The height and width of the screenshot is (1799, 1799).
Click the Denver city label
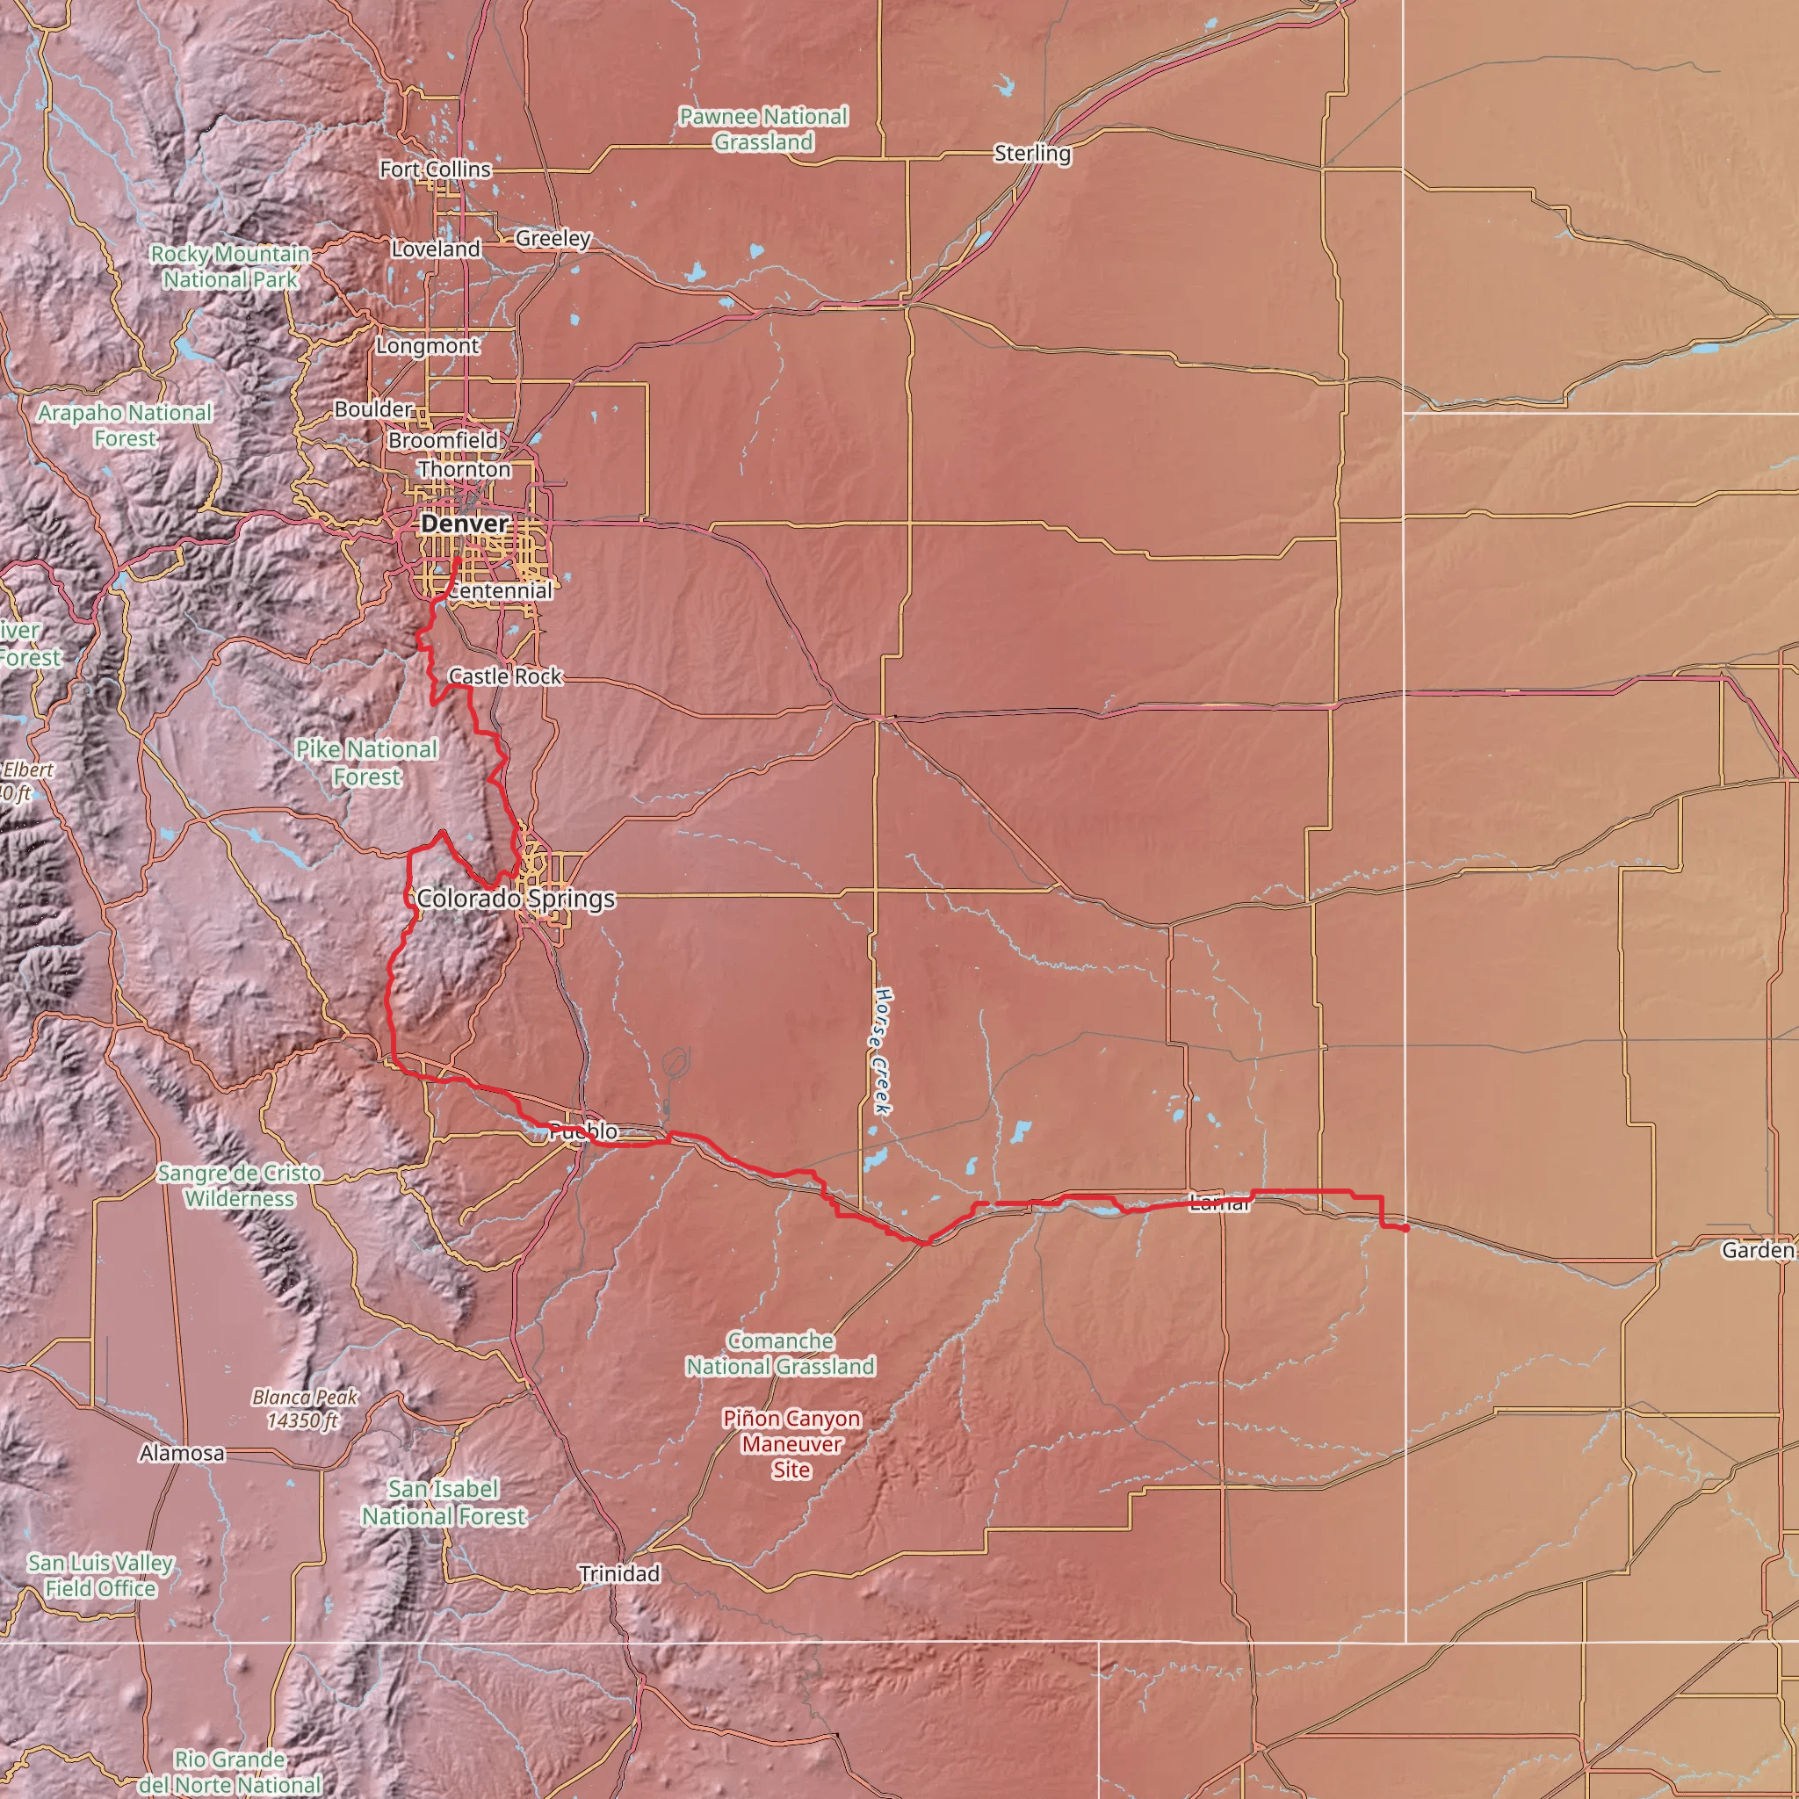pyautogui.click(x=465, y=524)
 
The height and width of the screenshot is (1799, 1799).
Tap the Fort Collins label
pyautogui.click(x=435, y=170)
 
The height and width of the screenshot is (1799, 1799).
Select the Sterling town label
pyautogui.click(x=1032, y=153)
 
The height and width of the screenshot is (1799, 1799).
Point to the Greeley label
pyautogui.click(x=553, y=238)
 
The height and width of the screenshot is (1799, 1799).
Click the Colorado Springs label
pyautogui.click(x=516, y=899)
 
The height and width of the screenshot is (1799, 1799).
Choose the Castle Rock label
pyautogui.click(x=505, y=676)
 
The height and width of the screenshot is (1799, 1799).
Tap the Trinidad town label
pyautogui.click(x=619, y=1573)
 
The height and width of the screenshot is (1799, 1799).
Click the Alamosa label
pyautogui.click(x=182, y=1453)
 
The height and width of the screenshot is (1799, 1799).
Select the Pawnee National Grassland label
pyautogui.click(x=763, y=129)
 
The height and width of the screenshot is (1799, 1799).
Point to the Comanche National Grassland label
pyautogui.click(x=780, y=1353)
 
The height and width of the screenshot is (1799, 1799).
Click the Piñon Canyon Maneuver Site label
pyautogui.click(x=791, y=1444)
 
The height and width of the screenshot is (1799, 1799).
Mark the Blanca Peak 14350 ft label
pyautogui.click(x=305, y=1409)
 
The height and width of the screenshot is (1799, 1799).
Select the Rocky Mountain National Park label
pyautogui.click(x=230, y=266)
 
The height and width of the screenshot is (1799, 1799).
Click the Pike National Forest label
pyautogui.click(x=366, y=762)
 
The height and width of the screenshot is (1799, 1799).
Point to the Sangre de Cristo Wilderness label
pyautogui.click(x=239, y=1185)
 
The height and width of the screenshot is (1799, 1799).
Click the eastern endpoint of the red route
pyautogui.click(x=1405, y=1229)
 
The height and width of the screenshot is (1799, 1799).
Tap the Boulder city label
pyautogui.click(x=373, y=408)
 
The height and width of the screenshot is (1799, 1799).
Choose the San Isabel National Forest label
pyautogui.click(x=444, y=1503)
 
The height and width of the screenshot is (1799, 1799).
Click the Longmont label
pyautogui.click(x=428, y=345)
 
